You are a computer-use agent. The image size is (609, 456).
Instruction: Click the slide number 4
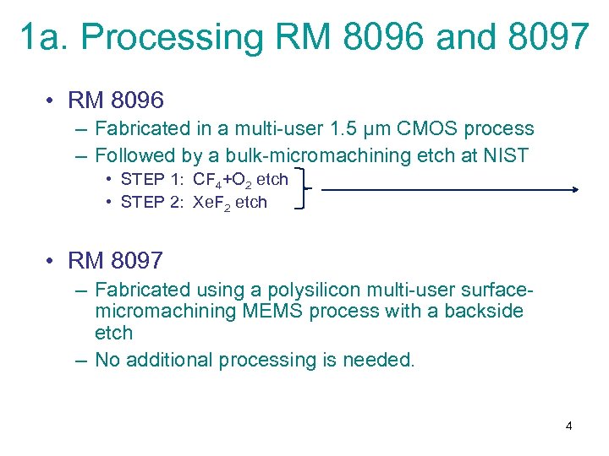[x=568, y=426]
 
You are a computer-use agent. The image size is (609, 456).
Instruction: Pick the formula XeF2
[x=211, y=203]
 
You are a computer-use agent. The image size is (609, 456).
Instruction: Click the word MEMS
[x=272, y=312]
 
